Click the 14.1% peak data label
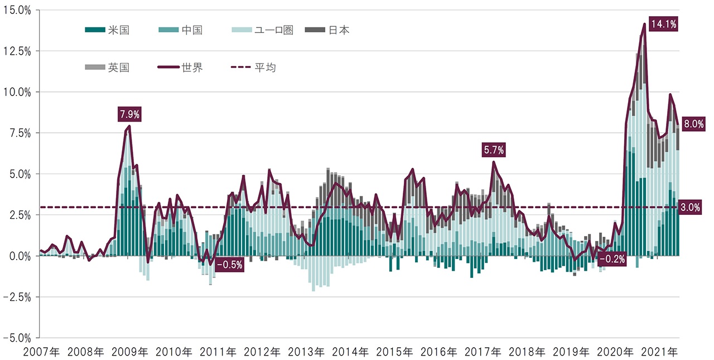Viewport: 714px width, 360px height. (x=663, y=24)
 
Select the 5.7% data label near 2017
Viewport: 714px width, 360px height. (x=494, y=150)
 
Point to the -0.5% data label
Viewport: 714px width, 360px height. (x=229, y=265)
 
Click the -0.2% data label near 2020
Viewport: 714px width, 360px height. (x=611, y=259)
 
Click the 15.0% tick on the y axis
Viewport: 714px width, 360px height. (x=17, y=10)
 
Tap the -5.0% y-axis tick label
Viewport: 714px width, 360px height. (x=17, y=338)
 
